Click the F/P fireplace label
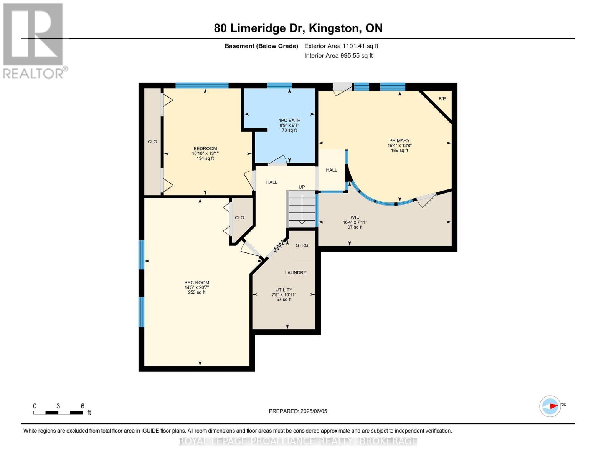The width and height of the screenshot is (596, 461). click(442, 99)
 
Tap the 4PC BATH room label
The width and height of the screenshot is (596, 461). click(289, 120)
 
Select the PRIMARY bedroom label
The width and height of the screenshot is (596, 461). click(399, 141)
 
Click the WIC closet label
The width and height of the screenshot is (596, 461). click(355, 217)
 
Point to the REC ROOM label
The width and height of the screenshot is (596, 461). click(196, 282)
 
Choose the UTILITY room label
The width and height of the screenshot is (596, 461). click(284, 290)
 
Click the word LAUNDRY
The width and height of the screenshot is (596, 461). click(296, 273)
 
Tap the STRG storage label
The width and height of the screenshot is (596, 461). click(302, 245)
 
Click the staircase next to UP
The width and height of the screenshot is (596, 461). click(302, 209)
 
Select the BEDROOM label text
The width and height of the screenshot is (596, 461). click(205, 149)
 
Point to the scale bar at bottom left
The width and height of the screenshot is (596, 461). click(58, 413)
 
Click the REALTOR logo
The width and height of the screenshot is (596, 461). click(34, 40)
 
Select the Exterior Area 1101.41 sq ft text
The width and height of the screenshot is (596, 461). click(341, 46)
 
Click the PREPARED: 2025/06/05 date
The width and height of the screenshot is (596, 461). click(298, 411)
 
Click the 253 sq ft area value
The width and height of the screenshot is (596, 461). click(196, 292)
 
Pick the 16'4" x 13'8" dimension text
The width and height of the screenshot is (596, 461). click(399, 146)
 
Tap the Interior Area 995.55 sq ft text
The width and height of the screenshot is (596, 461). click(338, 56)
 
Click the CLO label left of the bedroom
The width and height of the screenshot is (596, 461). click(152, 142)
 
